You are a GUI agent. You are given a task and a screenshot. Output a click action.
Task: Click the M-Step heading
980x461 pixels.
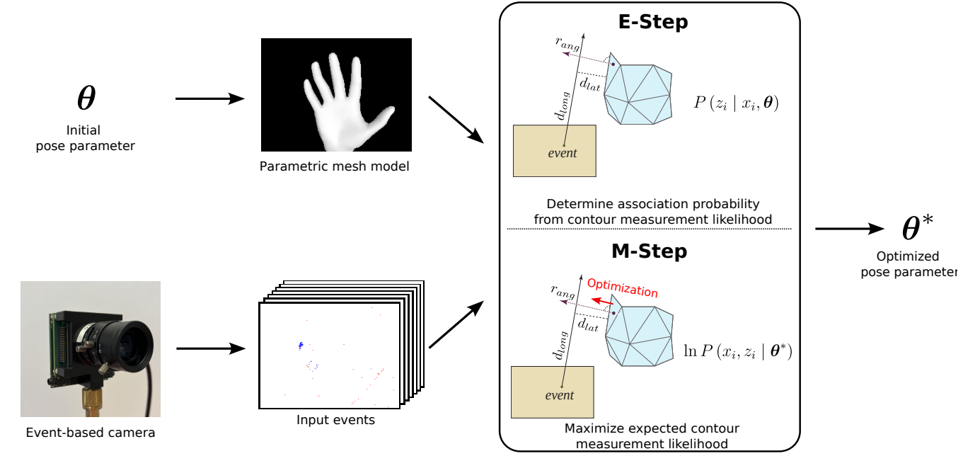point(650,251)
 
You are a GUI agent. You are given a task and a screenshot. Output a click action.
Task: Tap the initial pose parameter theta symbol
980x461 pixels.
point(86,98)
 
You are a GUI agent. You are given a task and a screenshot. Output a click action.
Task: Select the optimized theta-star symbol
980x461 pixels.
point(917,228)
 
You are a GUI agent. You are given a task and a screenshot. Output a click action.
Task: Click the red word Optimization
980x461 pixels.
point(622,288)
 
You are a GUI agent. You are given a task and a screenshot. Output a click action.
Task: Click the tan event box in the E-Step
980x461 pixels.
point(554,150)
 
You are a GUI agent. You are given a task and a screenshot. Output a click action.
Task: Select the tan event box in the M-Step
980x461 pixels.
point(552,391)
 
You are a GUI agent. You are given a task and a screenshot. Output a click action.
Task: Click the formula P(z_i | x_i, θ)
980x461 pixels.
point(736,104)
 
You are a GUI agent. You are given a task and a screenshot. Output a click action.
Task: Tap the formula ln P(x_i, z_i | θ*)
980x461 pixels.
point(737,349)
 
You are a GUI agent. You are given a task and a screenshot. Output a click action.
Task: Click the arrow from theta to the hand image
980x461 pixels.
point(209,99)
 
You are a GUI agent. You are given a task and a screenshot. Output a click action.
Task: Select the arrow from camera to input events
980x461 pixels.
point(210,348)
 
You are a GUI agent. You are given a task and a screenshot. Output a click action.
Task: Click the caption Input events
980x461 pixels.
point(335,420)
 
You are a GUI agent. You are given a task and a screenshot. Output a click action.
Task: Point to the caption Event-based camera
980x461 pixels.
point(90,432)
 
